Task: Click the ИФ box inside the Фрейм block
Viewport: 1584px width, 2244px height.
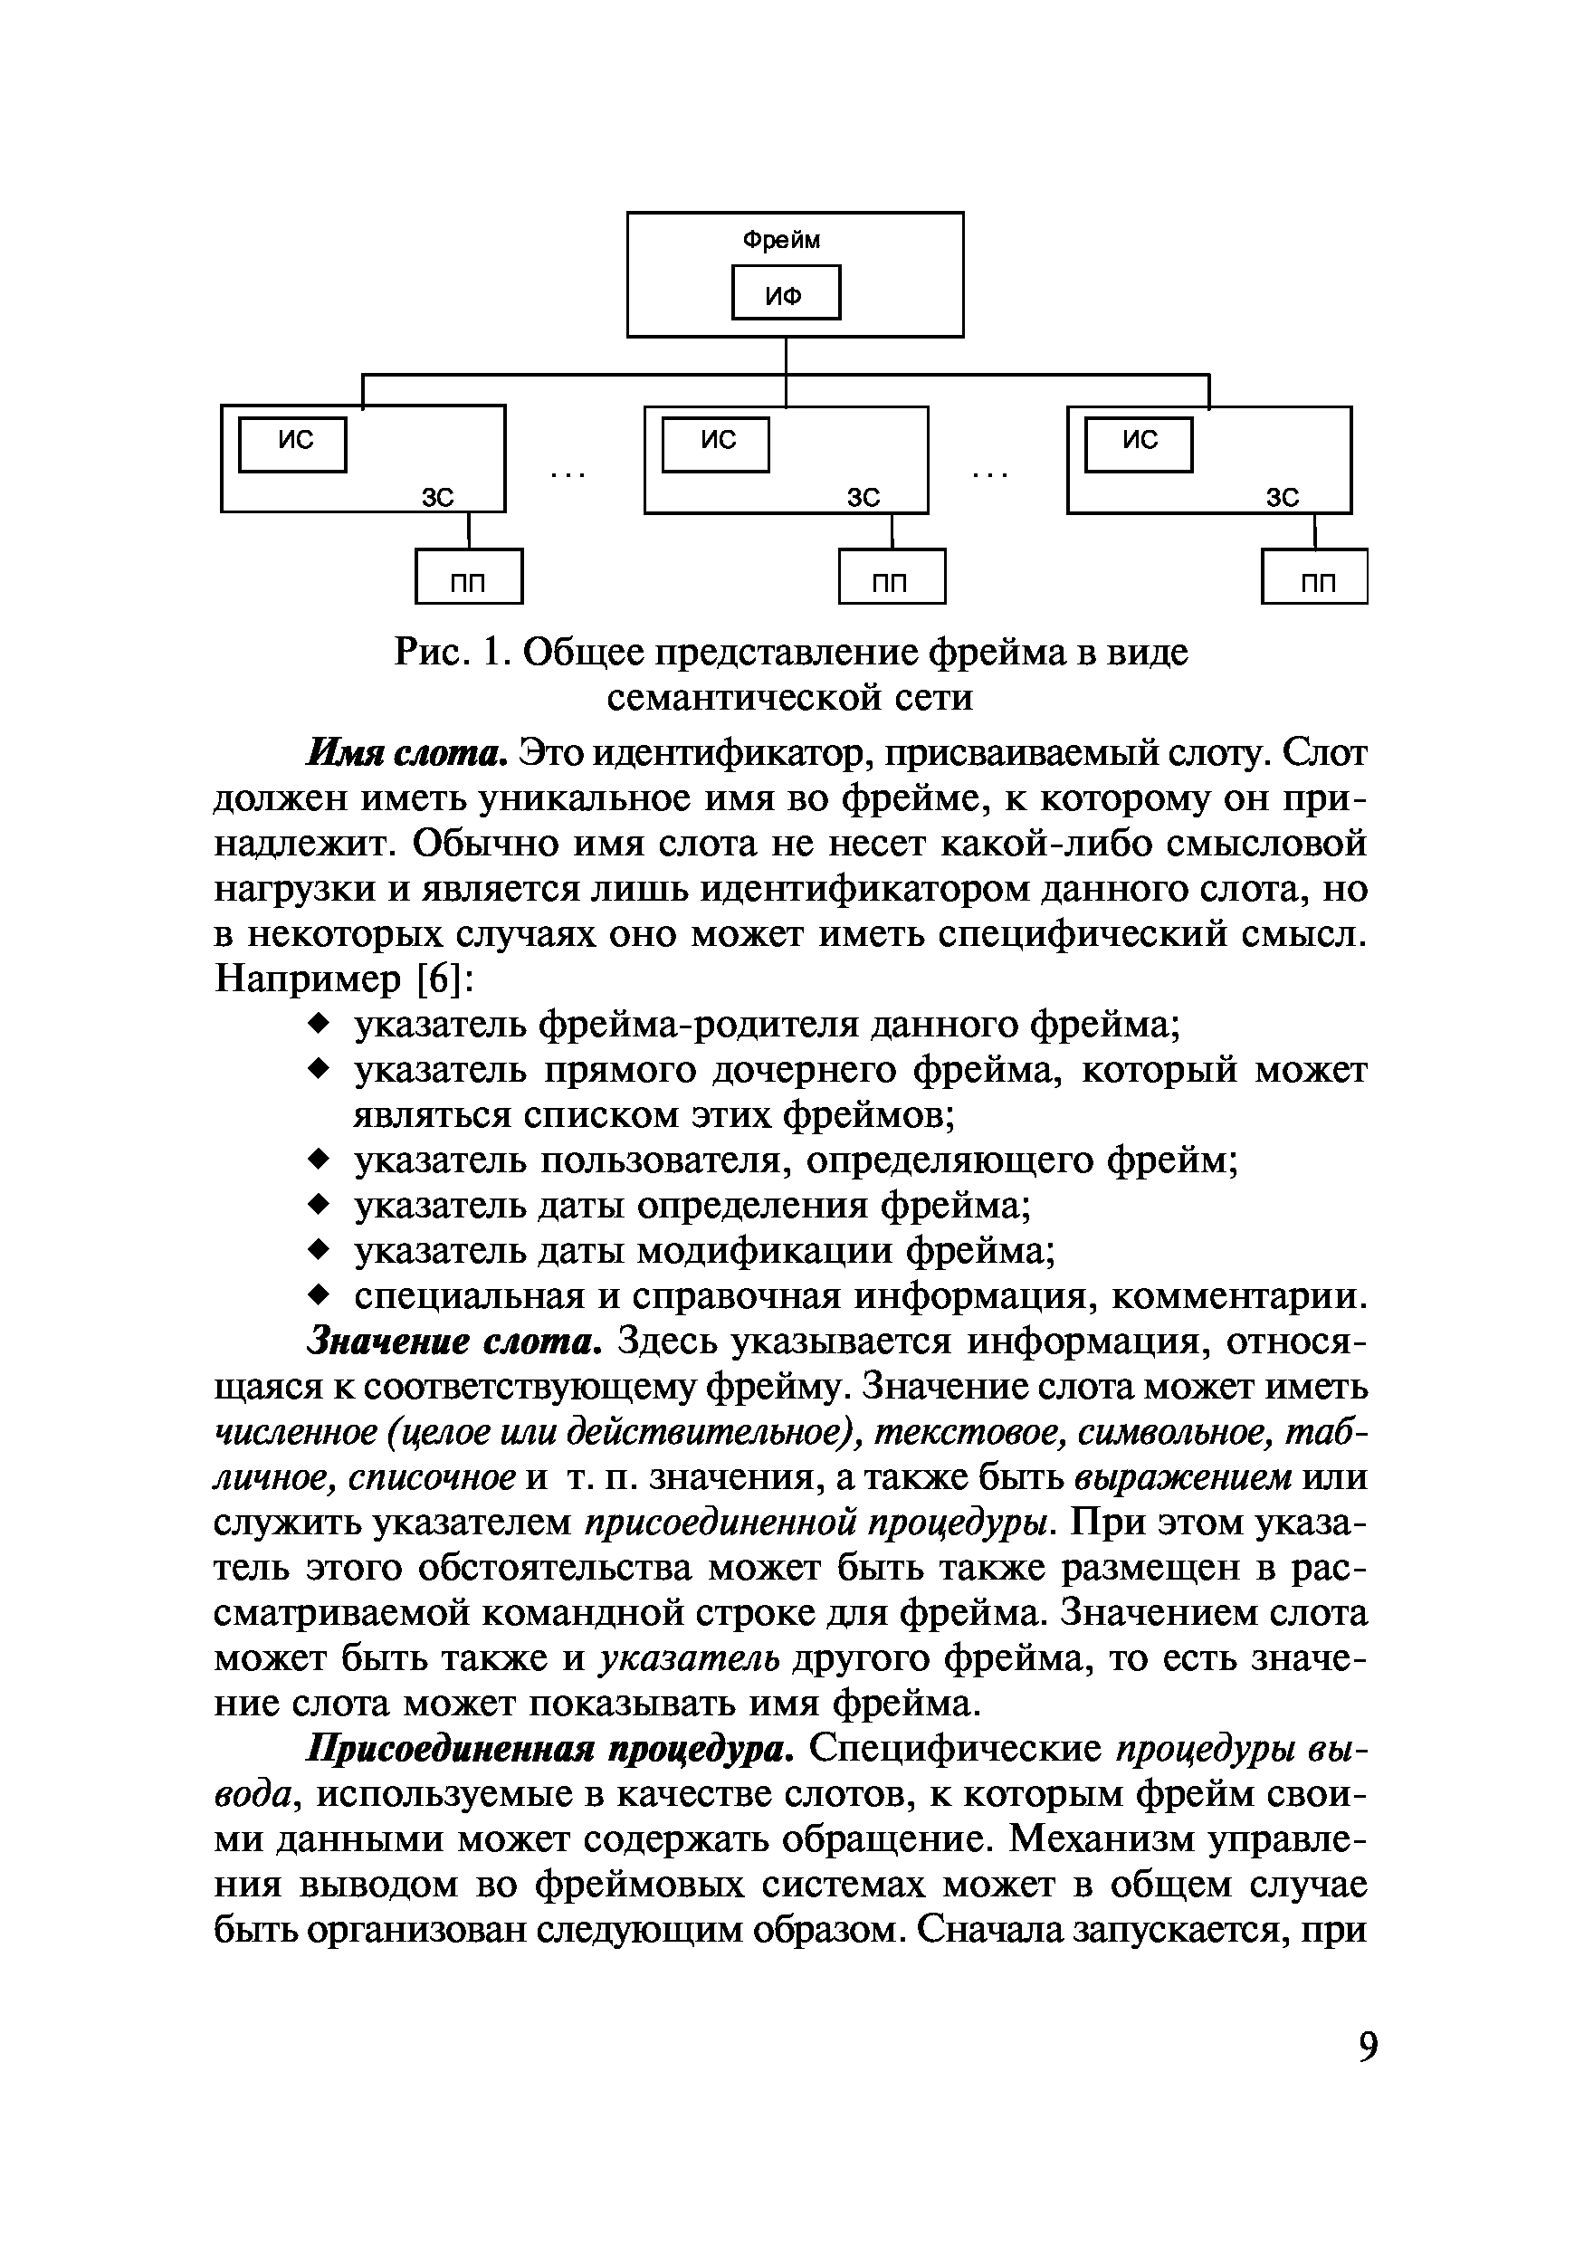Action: click(x=786, y=292)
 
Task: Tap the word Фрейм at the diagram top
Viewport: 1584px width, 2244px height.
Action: click(x=782, y=241)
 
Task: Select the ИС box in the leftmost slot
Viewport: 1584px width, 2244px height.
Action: click(x=293, y=444)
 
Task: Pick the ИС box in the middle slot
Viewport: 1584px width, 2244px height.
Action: click(x=716, y=444)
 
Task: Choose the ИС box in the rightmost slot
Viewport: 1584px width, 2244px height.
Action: click(x=1140, y=444)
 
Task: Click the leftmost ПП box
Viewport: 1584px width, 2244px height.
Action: click(x=469, y=577)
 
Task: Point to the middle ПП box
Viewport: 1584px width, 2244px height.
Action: click(x=892, y=577)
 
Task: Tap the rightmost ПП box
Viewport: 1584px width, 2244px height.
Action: click(x=1314, y=577)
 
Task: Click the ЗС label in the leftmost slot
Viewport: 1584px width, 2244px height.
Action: click(x=439, y=498)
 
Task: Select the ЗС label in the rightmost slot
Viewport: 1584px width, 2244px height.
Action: click(x=1283, y=498)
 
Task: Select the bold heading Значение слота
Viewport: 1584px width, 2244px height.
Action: click(x=454, y=1341)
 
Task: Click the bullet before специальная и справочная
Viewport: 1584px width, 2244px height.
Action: click(x=318, y=1295)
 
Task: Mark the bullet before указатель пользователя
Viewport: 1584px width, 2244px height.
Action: click(x=318, y=1160)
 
